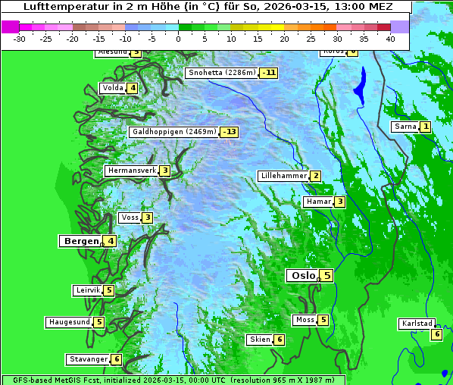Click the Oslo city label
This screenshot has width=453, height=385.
[x=303, y=276]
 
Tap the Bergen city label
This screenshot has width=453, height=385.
[x=80, y=241]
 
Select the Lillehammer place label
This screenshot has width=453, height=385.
[x=283, y=176]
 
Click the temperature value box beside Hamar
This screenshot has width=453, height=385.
[x=340, y=202]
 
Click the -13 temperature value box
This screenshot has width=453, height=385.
[x=230, y=132]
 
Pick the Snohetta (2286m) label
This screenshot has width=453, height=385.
[x=221, y=73]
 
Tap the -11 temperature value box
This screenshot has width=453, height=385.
[x=268, y=73]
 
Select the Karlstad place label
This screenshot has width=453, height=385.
[x=417, y=324]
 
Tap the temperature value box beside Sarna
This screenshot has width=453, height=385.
[x=426, y=127]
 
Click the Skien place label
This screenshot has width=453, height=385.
[x=259, y=340]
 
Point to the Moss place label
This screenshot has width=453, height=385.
[x=305, y=320]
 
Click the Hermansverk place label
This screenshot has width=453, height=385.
[x=132, y=171]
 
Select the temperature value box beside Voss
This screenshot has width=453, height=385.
[x=147, y=218]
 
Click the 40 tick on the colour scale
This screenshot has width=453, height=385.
[x=390, y=38]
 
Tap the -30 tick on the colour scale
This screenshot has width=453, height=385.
[x=20, y=38]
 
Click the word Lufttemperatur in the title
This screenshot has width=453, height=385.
[x=64, y=6]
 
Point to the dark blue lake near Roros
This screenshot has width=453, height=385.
[x=360, y=85]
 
